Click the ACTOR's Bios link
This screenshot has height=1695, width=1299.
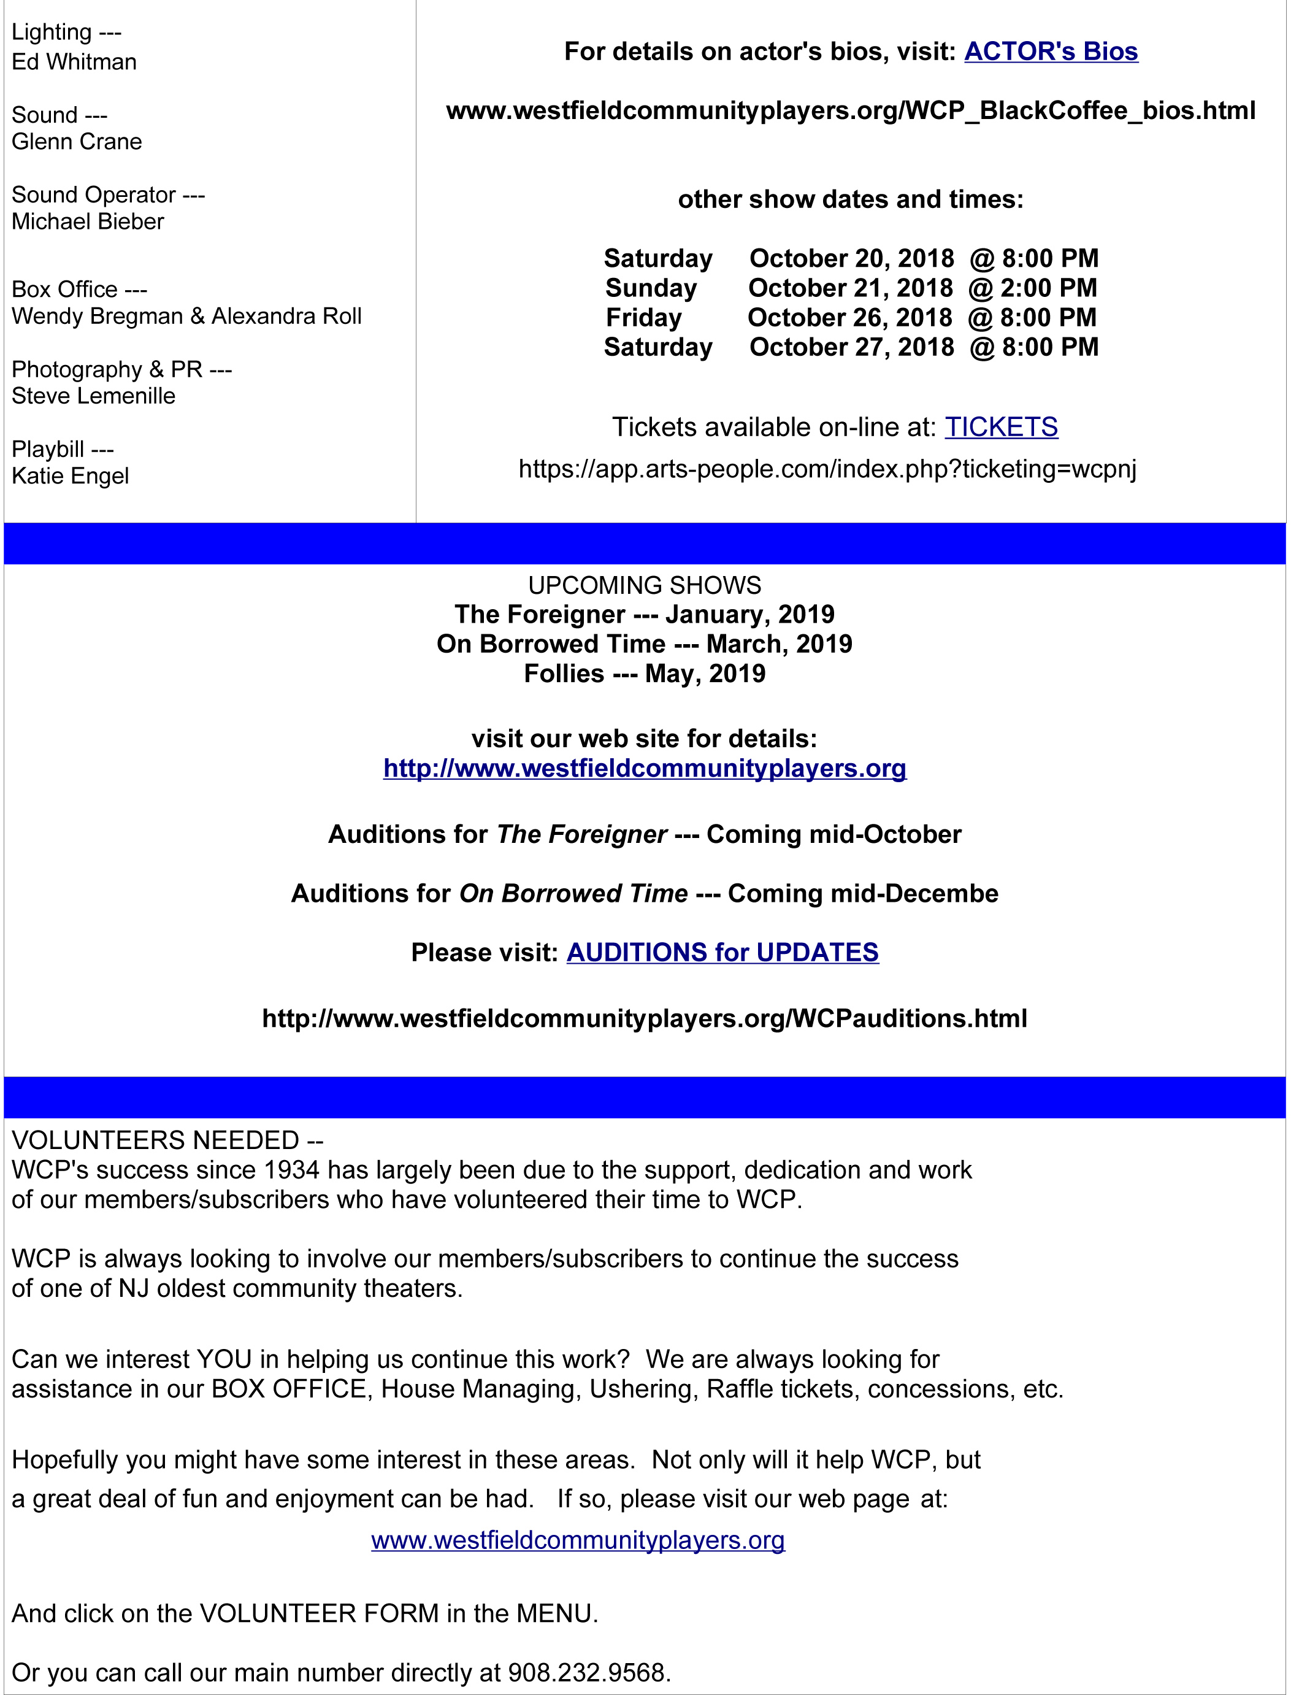pyautogui.click(x=1051, y=51)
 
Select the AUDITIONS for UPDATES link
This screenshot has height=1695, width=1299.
pyautogui.click(x=722, y=952)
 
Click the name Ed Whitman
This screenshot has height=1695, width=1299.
pyautogui.click(x=74, y=62)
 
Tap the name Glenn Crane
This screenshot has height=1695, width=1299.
pyautogui.click(x=77, y=142)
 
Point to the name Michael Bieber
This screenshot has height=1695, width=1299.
pyautogui.click(x=87, y=222)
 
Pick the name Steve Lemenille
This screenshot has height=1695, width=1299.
pyautogui.click(x=94, y=396)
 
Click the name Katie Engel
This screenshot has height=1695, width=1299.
pyautogui.click(x=71, y=475)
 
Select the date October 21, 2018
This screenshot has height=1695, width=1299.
pyautogui.click(x=850, y=288)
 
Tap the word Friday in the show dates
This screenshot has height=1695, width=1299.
pyautogui.click(x=643, y=318)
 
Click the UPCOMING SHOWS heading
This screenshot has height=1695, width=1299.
pyautogui.click(x=644, y=585)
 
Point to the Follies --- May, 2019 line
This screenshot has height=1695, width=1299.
pyautogui.click(x=644, y=674)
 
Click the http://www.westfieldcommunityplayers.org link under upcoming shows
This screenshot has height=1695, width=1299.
pyautogui.click(x=644, y=768)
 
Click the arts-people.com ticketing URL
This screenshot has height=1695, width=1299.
pyautogui.click(x=827, y=469)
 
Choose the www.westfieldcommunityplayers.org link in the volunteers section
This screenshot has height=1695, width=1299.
pyautogui.click(x=578, y=1540)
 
